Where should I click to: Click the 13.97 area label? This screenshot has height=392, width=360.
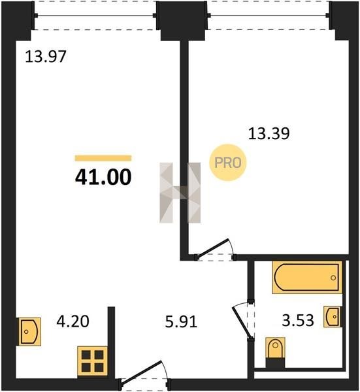click(46, 56)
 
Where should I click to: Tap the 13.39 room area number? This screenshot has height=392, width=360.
click(269, 133)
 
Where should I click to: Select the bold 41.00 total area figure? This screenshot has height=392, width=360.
click(103, 177)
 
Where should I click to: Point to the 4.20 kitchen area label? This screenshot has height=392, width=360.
click(73, 321)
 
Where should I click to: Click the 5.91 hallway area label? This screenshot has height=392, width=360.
click(181, 321)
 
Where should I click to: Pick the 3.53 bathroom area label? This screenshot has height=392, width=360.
click(298, 321)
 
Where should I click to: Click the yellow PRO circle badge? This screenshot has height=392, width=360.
click(228, 163)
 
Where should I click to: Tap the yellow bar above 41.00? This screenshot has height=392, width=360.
click(103, 158)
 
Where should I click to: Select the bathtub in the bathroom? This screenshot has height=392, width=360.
click(307, 277)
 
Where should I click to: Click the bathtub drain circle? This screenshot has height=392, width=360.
click(333, 278)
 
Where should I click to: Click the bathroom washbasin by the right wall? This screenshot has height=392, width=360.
click(333, 317)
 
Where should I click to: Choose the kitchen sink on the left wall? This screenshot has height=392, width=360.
click(29, 332)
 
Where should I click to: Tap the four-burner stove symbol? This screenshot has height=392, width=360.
click(93, 361)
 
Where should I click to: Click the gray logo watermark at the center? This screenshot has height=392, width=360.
click(180, 193)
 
